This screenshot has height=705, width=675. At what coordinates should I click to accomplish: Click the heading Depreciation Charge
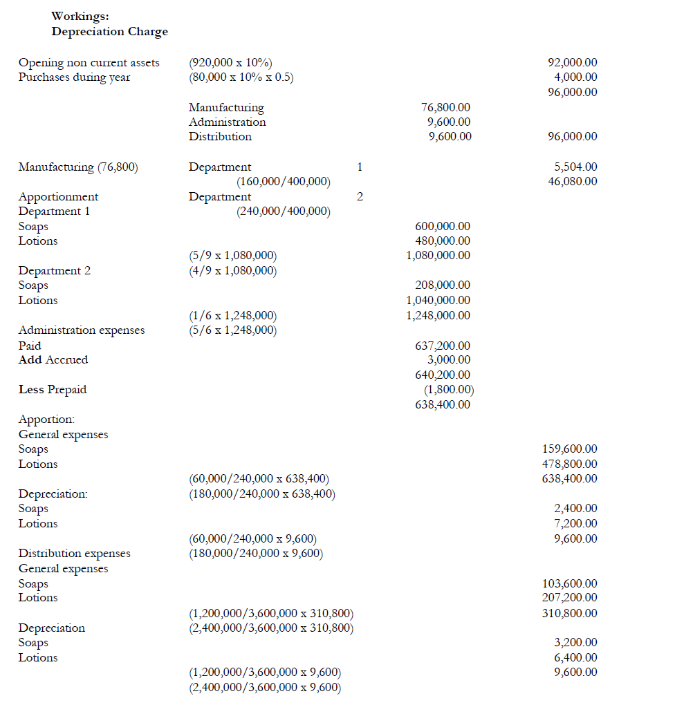point(109,31)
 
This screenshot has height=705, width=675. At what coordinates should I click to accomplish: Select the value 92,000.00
point(572,62)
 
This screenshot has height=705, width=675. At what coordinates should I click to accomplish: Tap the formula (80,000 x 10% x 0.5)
point(241,77)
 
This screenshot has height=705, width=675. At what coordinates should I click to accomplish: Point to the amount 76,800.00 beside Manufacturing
point(445,107)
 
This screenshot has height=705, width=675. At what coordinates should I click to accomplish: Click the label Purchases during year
point(74,77)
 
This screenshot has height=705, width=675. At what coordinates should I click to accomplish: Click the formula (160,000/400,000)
point(283,182)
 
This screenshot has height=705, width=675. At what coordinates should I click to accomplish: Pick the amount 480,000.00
point(442,241)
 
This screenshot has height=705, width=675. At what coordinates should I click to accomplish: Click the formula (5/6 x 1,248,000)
point(232,330)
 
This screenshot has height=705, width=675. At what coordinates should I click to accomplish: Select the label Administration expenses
point(82,330)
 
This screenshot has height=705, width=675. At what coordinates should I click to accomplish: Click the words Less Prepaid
point(53,389)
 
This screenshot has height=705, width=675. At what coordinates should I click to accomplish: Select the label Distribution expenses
point(74,553)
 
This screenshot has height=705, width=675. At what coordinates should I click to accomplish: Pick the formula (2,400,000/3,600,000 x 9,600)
point(265,686)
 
